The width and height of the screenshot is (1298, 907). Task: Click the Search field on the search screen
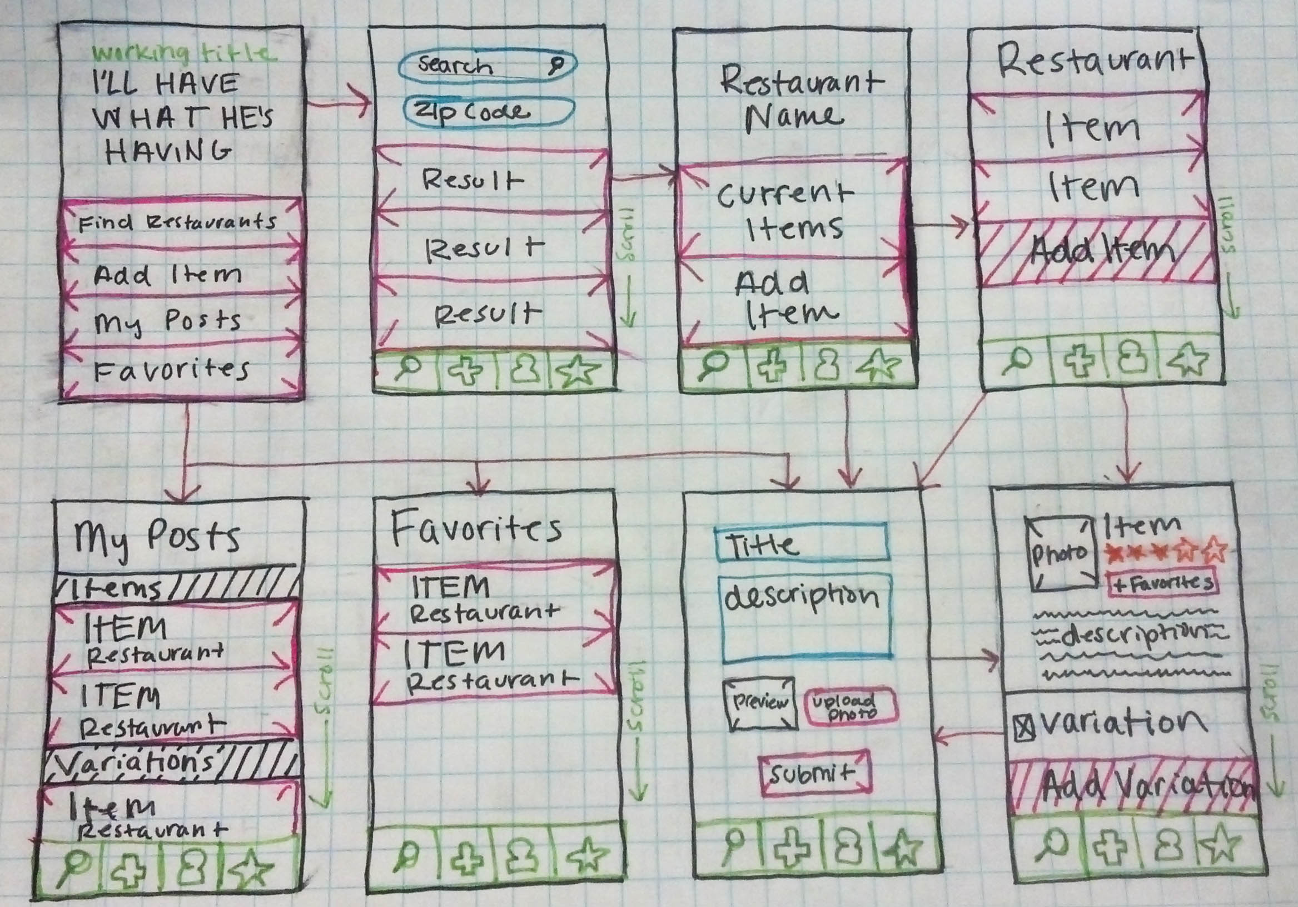coord(488,66)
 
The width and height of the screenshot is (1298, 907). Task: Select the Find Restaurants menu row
coord(180,222)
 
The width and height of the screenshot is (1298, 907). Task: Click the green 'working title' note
coord(184,53)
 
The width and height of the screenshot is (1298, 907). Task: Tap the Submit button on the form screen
coord(814,774)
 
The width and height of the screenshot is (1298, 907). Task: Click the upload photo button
coord(851,706)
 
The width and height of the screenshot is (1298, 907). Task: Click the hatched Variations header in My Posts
coord(170,764)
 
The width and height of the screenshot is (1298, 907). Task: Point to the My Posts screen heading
coord(158,537)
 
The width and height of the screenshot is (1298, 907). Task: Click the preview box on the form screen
coord(760,703)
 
